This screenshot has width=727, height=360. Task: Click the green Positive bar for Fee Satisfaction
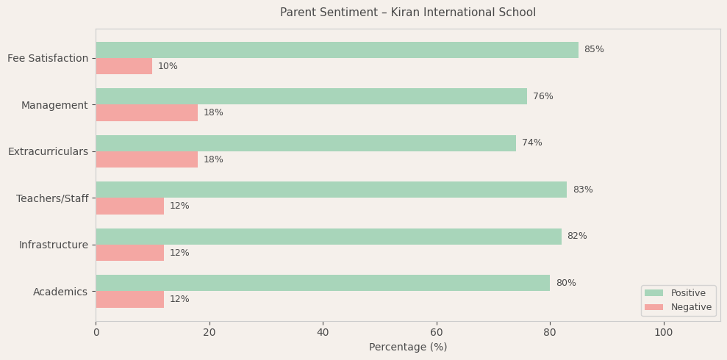(x=337, y=50)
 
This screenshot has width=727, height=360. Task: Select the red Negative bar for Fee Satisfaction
(x=123, y=66)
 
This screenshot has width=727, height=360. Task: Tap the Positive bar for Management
(x=311, y=96)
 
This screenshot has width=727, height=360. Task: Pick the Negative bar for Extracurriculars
(x=146, y=159)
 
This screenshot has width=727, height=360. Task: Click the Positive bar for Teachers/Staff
(x=331, y=190)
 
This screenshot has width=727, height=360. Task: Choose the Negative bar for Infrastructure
(x=129, y=253)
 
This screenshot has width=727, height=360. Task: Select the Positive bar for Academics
(x=323, y=283)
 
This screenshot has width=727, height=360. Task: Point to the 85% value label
(x=594, y=50)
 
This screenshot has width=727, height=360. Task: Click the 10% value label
(x=168, y=66)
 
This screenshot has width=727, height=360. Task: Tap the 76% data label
(x=542, y=96)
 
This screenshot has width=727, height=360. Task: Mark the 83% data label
(x=582, y=190)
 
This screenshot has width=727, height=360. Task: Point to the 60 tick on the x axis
(x=437, y=332)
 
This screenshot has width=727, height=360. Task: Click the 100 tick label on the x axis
(x=663, y=332)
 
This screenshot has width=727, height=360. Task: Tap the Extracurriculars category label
(x=48, y=151)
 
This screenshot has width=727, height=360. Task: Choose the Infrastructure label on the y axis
(x=53, y=245)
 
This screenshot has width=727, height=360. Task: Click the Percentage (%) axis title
(x=408, y=347)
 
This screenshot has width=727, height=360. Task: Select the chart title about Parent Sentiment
(x=408, y=12)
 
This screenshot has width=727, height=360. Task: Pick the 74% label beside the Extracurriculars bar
(x=531, y=143)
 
